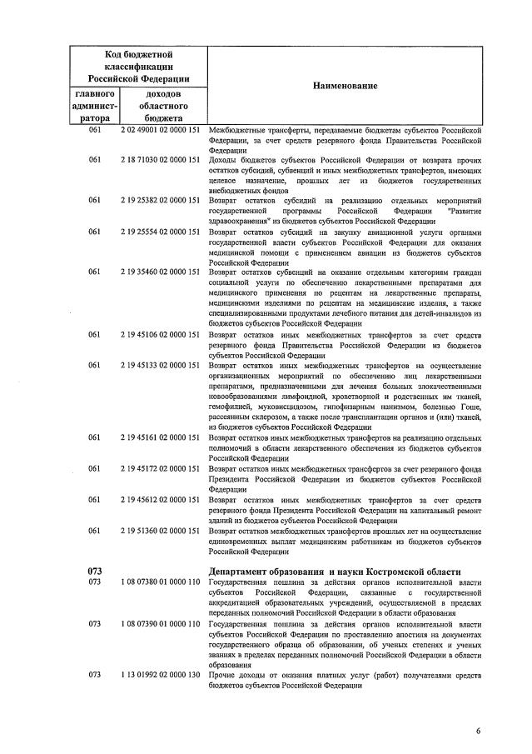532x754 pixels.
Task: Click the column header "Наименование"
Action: coord(345,87)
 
